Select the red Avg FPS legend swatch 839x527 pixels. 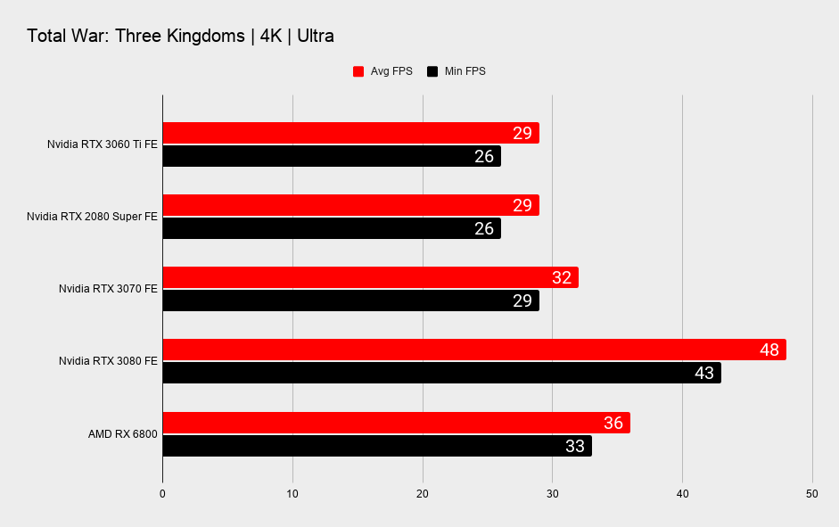click(358, 71)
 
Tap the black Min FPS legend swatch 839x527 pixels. click(432, 71)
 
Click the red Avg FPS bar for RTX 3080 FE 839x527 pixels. click(473, 350)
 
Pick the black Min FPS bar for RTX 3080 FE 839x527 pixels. click(441, 373)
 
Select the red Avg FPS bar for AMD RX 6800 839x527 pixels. click(396, 423)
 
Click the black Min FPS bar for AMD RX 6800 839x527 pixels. click(376, 446)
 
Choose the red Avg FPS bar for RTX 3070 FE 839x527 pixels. click(370, 277)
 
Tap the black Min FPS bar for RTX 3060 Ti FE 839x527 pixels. click(331, 156)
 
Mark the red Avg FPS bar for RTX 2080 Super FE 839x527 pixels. click(350, 205)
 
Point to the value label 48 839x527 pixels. click(769, 350)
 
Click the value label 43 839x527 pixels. click(704, 373)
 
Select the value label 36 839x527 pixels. click(613, 423)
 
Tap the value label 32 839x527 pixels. click(562, 277)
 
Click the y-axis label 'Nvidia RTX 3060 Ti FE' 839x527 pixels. click(103, 144)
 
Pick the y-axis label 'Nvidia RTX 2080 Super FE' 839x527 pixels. click(92, 217)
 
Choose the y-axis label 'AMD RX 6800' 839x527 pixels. click(122, 434)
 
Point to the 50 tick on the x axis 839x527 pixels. click(811, 493)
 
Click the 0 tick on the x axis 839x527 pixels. click(162, 493)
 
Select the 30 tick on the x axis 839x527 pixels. click(552, 493)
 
